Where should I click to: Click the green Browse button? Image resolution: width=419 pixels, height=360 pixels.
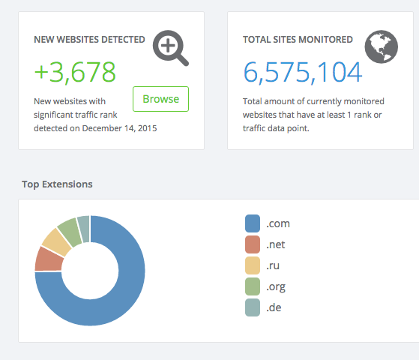pos(160,99)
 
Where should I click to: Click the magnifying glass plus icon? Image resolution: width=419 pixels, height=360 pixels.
pos(170,48)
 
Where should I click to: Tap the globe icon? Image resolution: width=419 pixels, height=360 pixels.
pos(381,46)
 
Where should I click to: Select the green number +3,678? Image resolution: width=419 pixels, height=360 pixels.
pos(75,72)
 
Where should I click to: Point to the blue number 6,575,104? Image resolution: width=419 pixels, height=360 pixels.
pos(302,72)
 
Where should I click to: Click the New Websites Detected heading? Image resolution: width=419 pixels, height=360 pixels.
pos(89,39)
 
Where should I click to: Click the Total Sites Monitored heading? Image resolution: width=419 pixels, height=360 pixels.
pos(298,39)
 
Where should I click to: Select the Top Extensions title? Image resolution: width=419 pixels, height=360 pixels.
pos(57,184)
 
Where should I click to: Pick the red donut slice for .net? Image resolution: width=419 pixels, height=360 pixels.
pos(48,259)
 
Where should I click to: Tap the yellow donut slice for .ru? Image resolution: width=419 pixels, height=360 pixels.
pos(56,241)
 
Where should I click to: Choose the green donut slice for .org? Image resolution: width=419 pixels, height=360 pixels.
pos(70,229)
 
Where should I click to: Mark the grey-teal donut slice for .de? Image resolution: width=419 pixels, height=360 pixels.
pos(83,225)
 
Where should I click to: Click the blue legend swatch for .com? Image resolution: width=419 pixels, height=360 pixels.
pos(253,223)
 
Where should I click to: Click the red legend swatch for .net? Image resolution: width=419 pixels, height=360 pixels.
pos(253,244)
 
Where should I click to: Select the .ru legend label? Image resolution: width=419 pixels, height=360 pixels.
pos(275,265)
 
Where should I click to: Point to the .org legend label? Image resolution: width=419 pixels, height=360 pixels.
pos(276,286)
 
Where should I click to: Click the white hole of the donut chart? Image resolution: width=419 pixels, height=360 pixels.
pos(89,271)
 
